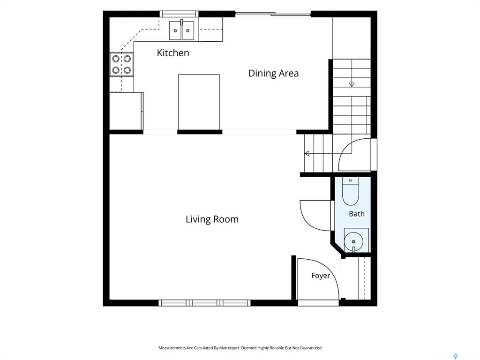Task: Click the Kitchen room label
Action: point(173,52)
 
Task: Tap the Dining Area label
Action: point(273,73)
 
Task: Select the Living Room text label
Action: point(212,219)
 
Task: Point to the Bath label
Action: point(357,214)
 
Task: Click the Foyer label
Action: point(321,276)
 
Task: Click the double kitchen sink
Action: point(182,30)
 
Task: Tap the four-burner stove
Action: point(121,64)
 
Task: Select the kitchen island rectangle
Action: point(199,102)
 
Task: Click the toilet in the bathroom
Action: point(351,191)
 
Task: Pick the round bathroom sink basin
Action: point(353,241)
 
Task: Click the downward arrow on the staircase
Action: point(352,84)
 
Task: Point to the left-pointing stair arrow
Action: point(307,153)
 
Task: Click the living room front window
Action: point(204,303)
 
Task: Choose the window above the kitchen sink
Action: point(179,14)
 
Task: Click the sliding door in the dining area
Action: point(273,14)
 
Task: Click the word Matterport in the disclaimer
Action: point(230,348)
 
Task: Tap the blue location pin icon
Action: point(456,356)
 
